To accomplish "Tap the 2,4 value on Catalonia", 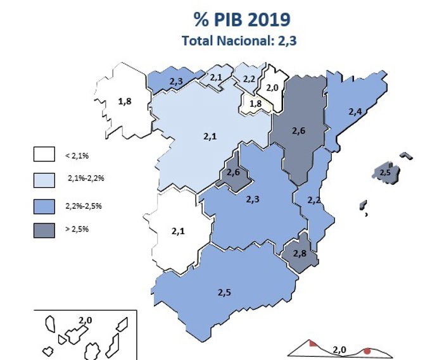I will [x=355, y=111].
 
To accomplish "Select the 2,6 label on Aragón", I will [x=299, y=131].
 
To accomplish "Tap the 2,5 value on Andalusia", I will [x=225, y=292].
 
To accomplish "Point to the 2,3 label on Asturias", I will [x=177, y=81].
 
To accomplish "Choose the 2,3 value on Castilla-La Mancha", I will [x=252, y=199].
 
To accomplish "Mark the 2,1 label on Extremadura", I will [x=178, y=231].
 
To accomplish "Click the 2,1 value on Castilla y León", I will [x=210, y=135].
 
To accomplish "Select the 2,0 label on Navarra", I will [x=272, y=88].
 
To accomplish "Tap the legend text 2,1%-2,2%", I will [x=85, y=178].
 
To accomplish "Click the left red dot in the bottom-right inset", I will [x=313, y=344].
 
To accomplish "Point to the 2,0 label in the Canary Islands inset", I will [x=85, y=321].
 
